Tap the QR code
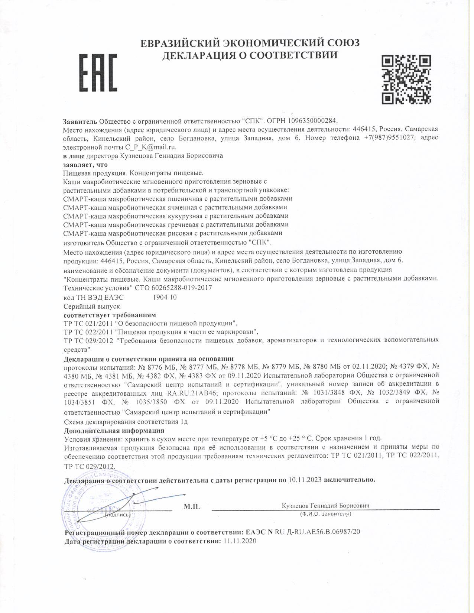pos(406,79)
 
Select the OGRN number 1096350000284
pos(314,121)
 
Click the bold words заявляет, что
pos(85,165)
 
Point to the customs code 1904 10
pos(165,297)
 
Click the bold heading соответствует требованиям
pos(110,315)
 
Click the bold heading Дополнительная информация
pos(114,431)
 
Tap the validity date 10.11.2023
pos(305,480)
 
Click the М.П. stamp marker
pos(192,506)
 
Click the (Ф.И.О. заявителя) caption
pos(325,514)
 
